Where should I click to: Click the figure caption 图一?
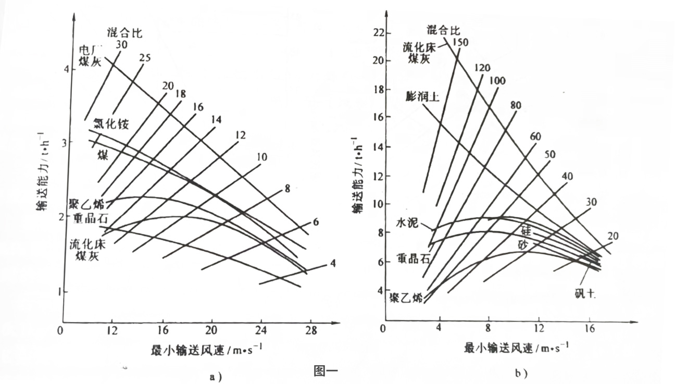pyautogui.click(x=327, y=370)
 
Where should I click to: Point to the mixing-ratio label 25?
pyautogui.click(x=145, y=58)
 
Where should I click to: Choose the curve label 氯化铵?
pyautogui.click(x=111, y=124)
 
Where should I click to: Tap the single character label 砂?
pyautogui.click(x=523, y=244)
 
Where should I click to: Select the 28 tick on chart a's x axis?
pyautogui.click(x=311, y=330)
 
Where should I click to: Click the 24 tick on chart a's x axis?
pyautogui.click(x=262, y=330)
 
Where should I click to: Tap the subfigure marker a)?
pyautogui.click(x=215, y=377)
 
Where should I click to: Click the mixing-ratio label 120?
pyautogui.click(x=483, y=68)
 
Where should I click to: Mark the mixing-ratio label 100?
pyautogui.click(x=497, y=81)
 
